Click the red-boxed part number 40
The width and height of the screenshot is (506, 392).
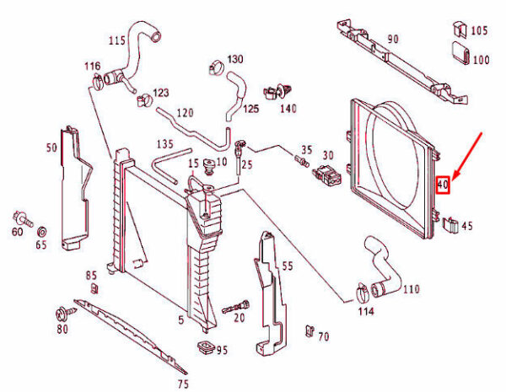coord(444,183)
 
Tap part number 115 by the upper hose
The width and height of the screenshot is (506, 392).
coord(117,40)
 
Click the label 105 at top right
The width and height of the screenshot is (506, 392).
coord(479,30)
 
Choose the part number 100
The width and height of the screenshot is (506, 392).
coord(480,61)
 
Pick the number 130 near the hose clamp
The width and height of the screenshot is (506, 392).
coord(234,59)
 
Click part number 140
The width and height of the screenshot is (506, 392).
coord(288,109)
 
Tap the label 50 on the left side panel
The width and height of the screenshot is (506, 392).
coord(51,148)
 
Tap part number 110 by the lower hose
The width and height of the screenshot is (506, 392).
coord(410,289)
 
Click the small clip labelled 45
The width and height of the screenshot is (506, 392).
coord(450,224)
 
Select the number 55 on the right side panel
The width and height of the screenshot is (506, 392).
coord(287,266)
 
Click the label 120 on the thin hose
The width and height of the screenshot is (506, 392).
coord(186,113)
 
